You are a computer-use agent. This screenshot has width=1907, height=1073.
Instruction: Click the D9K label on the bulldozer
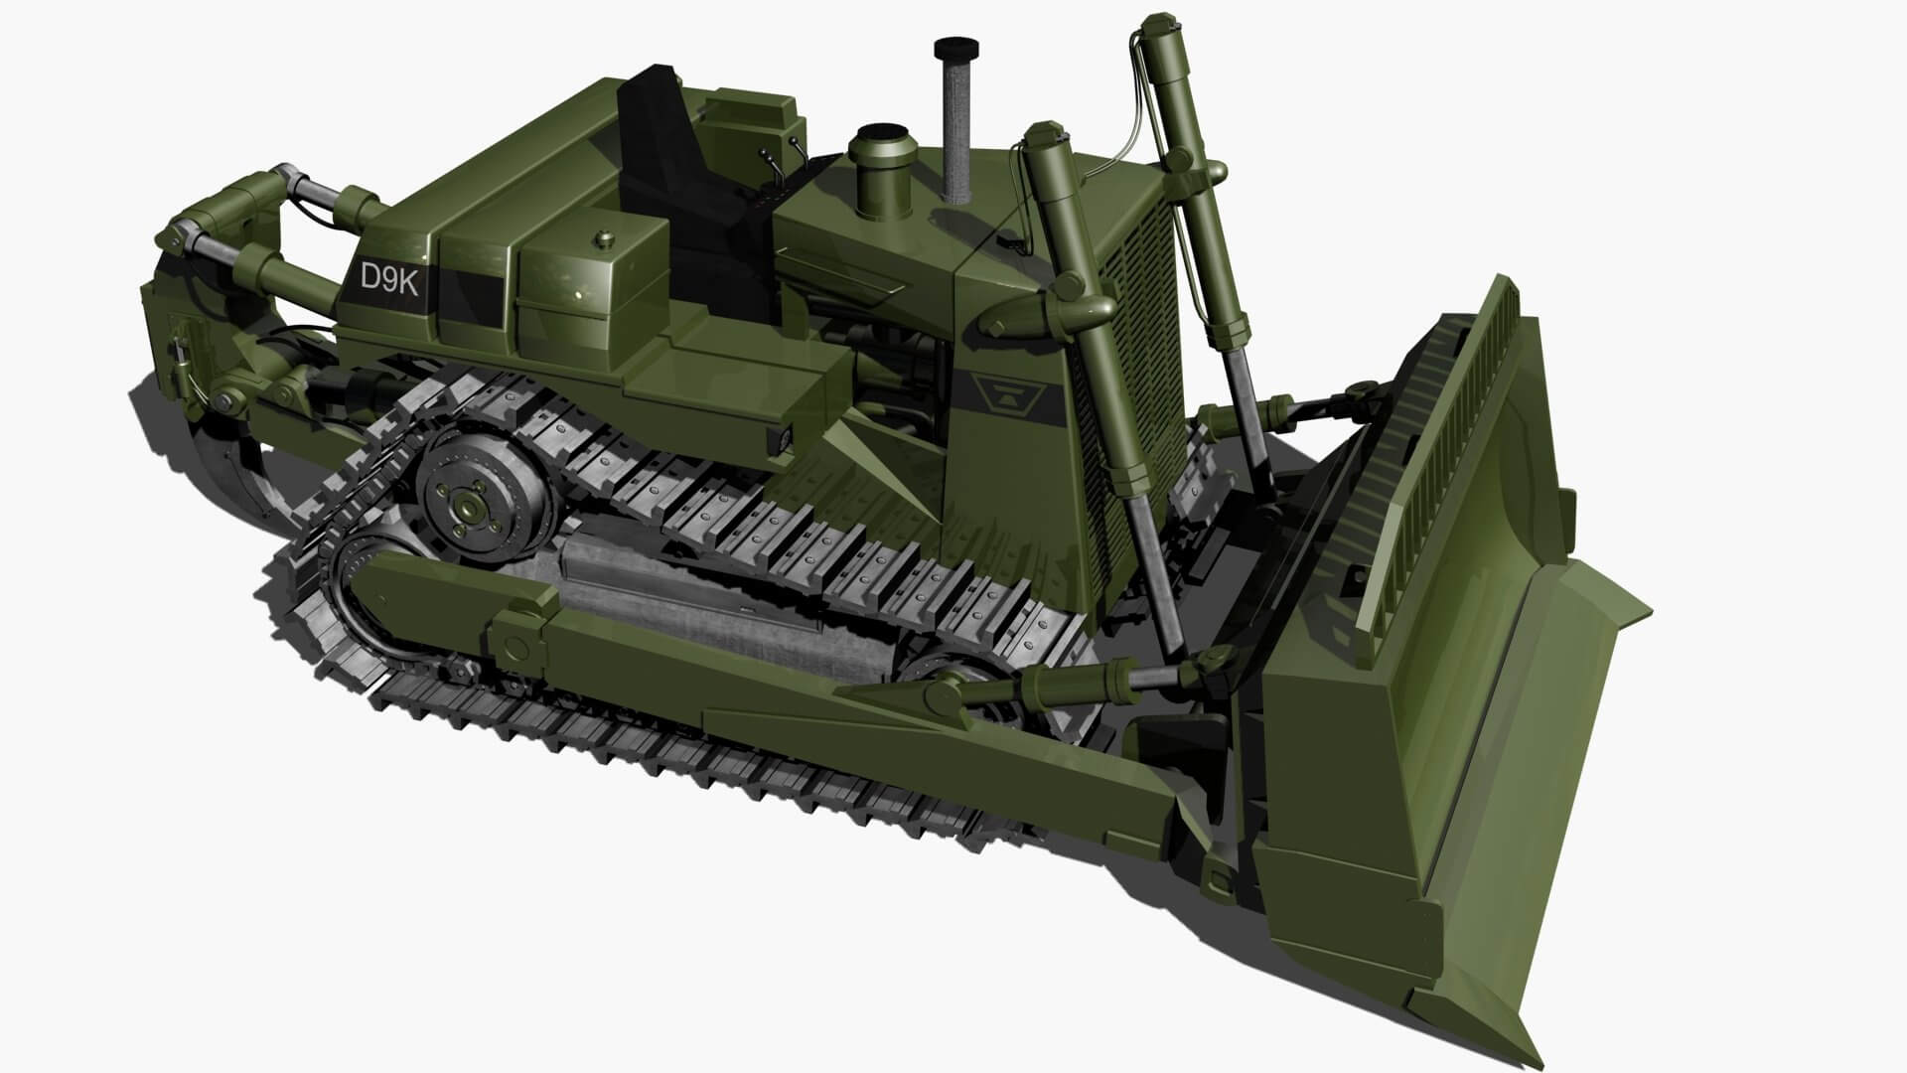click(x=388, y=278)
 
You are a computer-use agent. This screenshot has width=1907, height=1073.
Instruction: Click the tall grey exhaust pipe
click(x=955, y=129)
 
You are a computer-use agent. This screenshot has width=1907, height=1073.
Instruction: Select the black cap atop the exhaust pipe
click(x=954, y=47)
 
